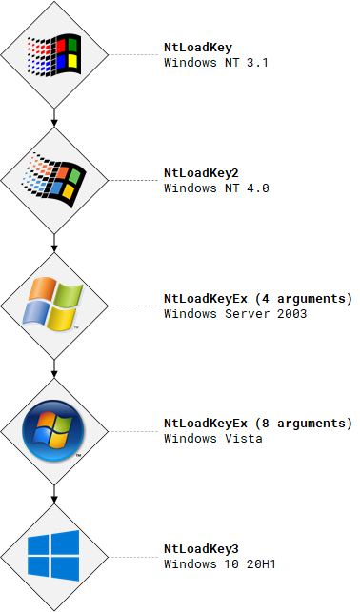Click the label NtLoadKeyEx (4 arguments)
click(257, 299)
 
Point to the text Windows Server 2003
click(235, 314)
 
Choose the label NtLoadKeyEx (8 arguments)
click(257, 424)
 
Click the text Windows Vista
click(213, 439)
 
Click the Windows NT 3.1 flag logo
click(55, 55)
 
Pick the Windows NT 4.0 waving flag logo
click(55, 179)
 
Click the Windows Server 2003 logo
click(55, 305)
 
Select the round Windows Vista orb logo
click(55, 430)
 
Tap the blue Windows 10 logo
click(55, 555)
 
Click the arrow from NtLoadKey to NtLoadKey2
click(55, 117)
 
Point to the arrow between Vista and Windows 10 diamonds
click(55, 492)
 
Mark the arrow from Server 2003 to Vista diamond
click(55, 367)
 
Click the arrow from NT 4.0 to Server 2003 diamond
click(55, 242)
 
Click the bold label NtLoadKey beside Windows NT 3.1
click(197, 48)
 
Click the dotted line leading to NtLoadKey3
click(134, 556)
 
